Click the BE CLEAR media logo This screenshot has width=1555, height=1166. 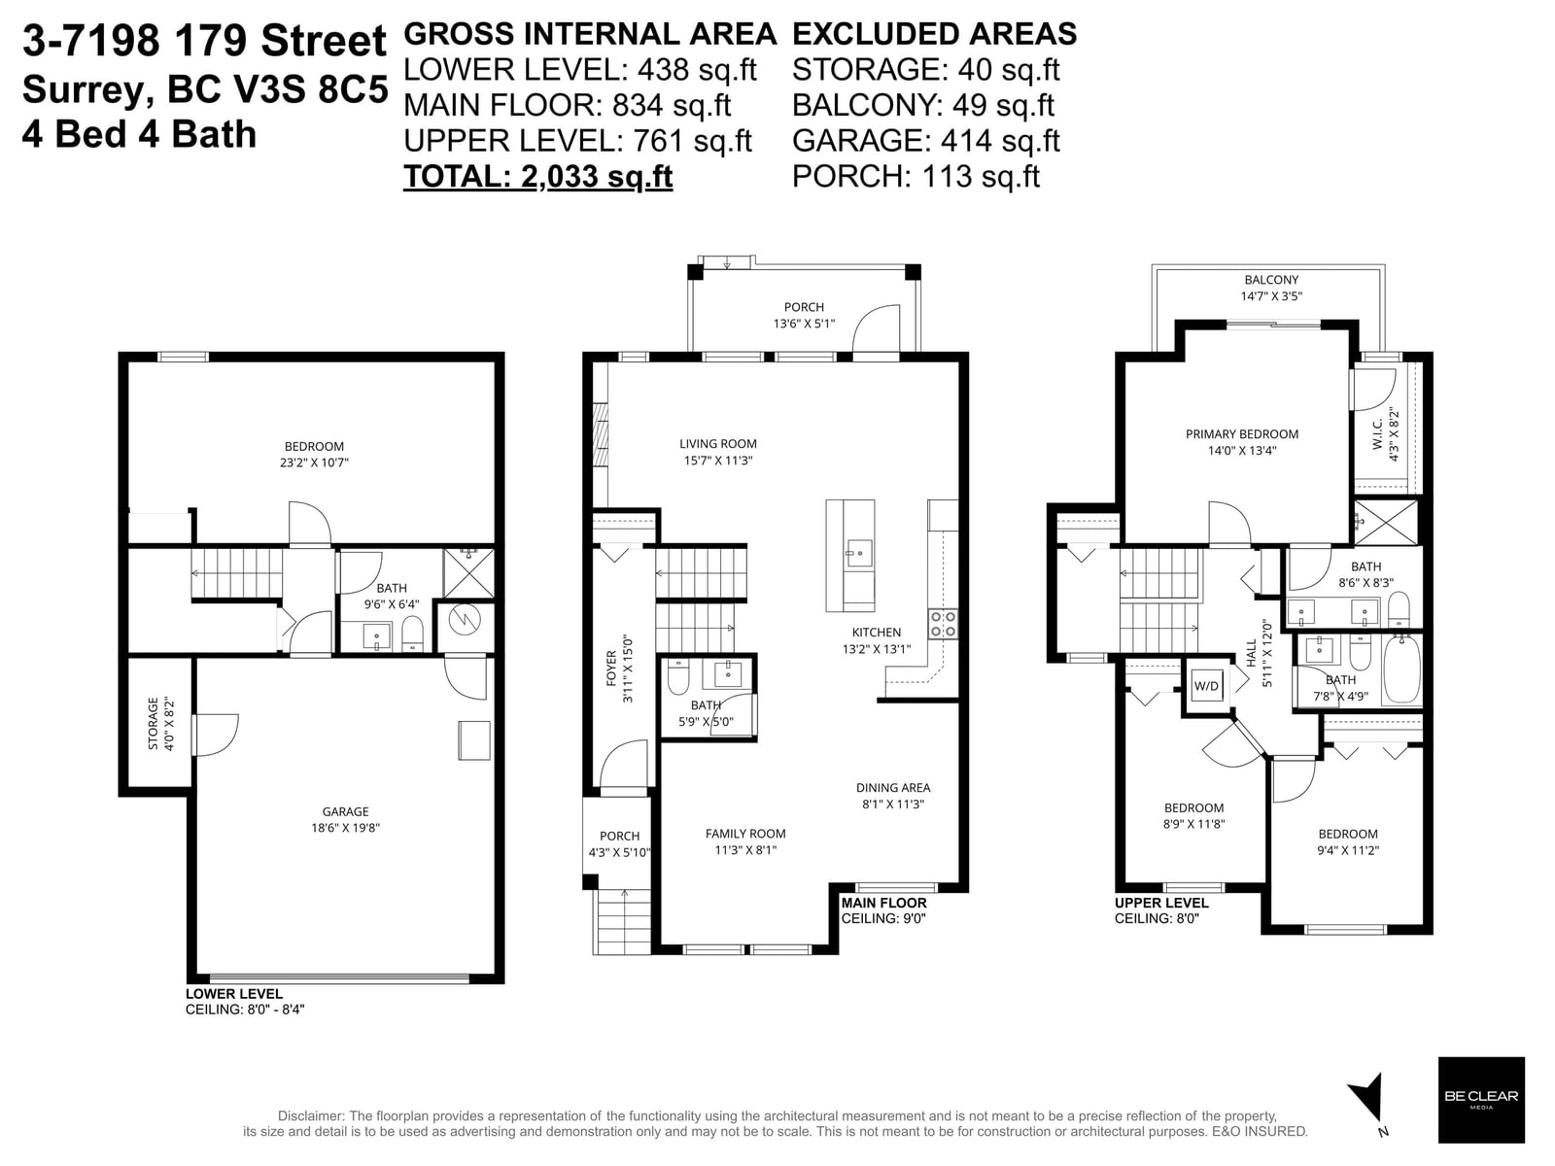click(1480, 1100)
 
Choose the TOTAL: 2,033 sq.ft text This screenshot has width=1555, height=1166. click(537, 176)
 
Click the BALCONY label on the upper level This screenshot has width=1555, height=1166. click(1271, 280)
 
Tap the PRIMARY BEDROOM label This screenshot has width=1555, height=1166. click(1242, 434)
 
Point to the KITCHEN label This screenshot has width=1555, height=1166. click(877, 633)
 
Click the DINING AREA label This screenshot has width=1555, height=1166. click(892, 787)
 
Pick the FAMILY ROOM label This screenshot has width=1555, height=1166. click(745, 834)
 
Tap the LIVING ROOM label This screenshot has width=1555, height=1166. click(717, 444)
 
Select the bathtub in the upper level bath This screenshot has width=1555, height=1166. click(1402, 669)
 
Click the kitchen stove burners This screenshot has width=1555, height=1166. click(943, 624)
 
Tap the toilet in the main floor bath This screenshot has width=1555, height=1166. click(678, 677)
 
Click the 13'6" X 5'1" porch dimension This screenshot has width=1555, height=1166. click(804, 324)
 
